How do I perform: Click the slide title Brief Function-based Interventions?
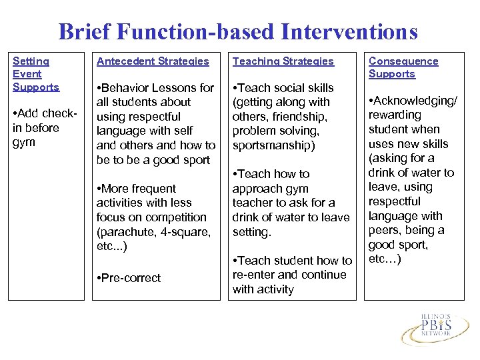coord(238,31)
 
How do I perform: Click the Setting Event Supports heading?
coord(36,74)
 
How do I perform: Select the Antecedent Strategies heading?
coord(153,61)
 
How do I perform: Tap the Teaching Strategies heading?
coord(283,61)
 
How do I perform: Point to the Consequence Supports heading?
coord(403,67)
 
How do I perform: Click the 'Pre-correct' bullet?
coord(129,278)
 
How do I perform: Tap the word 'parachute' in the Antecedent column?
coord(123,232)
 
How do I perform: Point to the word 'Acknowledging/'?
coord(415,101)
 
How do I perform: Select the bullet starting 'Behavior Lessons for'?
coord(155,123)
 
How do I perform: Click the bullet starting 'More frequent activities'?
coord(153,217)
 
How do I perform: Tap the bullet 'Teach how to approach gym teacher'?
coord(291,203)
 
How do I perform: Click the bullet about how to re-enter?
coord(292,275)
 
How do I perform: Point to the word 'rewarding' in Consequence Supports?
coord(395,115)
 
